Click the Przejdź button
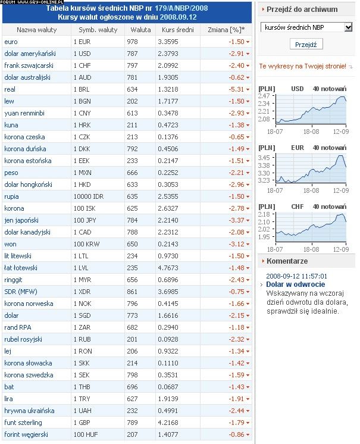click(306, 44)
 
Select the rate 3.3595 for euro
click(169, 42)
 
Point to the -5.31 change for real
click(236, 89)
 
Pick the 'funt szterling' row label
click(23, 423)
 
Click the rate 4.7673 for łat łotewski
click(169, 268)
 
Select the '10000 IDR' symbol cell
click(89, 196)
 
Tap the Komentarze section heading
click(287, 261)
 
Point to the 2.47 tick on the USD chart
click(265, 96)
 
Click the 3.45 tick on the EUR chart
click(265, 157)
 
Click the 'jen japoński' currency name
click(21, 220)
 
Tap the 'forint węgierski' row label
click(25, 434)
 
